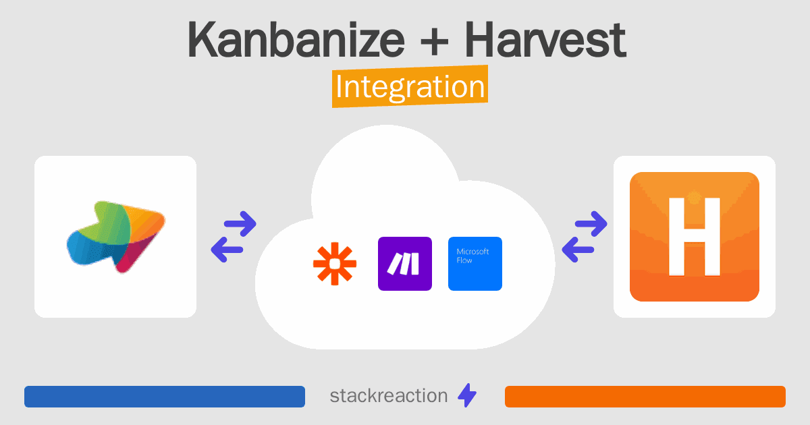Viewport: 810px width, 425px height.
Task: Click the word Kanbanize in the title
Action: pos(296,40)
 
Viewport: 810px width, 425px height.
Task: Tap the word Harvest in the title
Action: pos(545,40)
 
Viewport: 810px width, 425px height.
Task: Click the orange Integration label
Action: pos(410,86)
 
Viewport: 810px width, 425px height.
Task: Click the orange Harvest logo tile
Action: pos(695,237)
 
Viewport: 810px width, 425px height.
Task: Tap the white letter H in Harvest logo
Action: pos(695,237)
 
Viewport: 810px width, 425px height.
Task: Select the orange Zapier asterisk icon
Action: pos(335,264)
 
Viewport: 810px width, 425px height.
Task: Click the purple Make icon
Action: pos(405,264)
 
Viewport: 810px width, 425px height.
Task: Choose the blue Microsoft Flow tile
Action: pos(475,264)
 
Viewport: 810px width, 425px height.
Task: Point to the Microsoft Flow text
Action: pos(473,256)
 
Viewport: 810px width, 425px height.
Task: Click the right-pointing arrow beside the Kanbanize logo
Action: pos(240,224)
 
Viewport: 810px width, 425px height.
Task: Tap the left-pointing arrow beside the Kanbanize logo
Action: pos(227,250)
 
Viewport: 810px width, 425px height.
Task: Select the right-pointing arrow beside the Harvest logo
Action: pos(591,224)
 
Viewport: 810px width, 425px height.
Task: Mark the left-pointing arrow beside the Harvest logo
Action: pos(578,250)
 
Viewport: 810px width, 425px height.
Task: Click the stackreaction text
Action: pos(389,396)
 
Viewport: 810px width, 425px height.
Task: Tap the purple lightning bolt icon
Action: pos(467,395)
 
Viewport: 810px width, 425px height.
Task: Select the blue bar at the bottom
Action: pos(165,397)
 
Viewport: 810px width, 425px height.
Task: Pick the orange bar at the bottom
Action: pos(645,397)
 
